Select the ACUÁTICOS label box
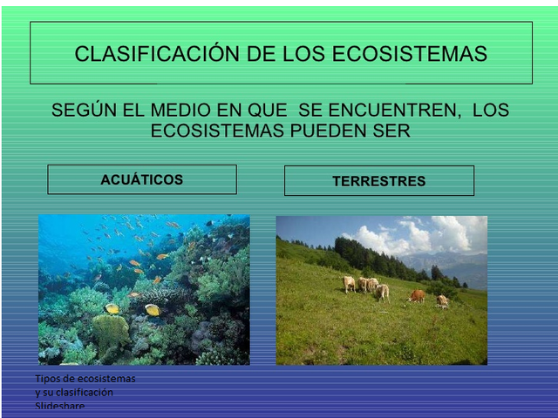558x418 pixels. (x=141, y=179)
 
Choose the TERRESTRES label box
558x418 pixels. (x=378, y=181)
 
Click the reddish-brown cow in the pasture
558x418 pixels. (x=418, y=296)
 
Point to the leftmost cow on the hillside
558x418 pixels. (x=350, y=283)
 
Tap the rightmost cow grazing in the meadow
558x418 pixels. (x=443, y=300)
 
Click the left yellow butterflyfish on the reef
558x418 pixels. (x=112, y=308)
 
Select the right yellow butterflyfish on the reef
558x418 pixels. (x=153, y=309)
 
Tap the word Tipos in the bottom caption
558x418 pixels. (x=49, y=379)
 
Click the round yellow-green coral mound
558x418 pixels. (x=110, y=332)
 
